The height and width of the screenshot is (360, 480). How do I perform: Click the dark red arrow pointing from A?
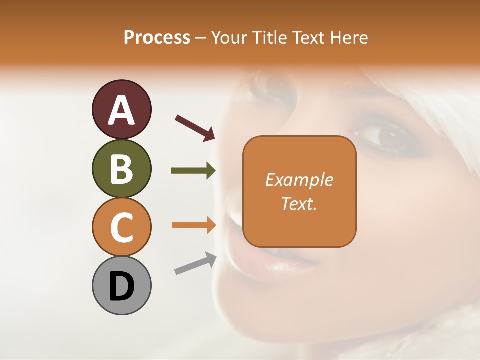[195, 127]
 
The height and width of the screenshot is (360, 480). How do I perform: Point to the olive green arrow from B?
[193, 171]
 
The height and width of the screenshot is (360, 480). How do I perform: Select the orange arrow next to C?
[193, 225]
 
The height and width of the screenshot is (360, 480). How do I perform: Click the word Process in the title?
[157, 37]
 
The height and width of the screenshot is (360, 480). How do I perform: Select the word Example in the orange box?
[299, 180]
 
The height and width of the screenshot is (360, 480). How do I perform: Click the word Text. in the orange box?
[299, 204]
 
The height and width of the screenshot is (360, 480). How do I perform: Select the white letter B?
[121, 169]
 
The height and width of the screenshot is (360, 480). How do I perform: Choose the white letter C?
[121, 227]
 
